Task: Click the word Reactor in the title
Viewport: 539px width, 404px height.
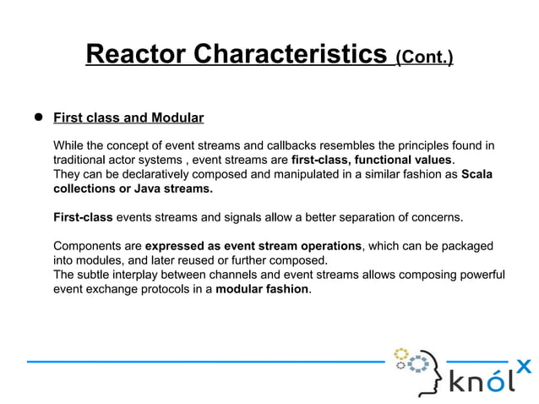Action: click(x=136, y=55)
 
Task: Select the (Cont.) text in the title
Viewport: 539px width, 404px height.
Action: click(x=425, y=57)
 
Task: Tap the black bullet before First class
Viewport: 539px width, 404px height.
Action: click(x=38, y=117)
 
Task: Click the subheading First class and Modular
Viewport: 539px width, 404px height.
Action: click(x=128, y=117)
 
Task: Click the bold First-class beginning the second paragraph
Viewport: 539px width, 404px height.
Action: click(x=83, y=217)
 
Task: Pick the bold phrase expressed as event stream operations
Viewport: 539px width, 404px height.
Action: click(x=253, y=246)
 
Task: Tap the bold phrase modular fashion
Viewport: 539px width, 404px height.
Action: click(x=263, y=289)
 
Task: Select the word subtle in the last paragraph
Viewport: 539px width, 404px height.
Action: click(x=95, y=275)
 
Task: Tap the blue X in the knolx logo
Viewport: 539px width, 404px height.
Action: click(x=524, y=365)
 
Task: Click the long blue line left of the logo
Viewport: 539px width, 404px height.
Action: click(x=203, y=361)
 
